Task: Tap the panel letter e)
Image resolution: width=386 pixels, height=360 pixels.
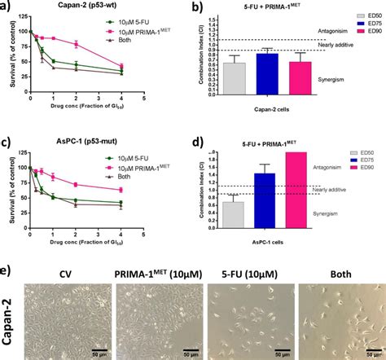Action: click(x=8, y=268)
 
